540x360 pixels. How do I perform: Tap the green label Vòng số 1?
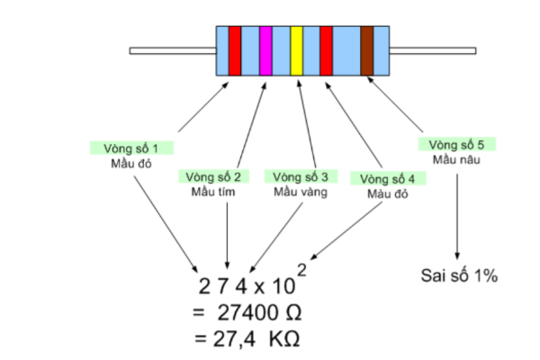(x=131, y=148)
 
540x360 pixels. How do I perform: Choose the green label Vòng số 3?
(x=300, y=175)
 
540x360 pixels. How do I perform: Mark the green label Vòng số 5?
(x=456, y=144)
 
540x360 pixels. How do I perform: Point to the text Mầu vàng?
(x=299, y=192)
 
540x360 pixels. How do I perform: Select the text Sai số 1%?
(x=460, y=275)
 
